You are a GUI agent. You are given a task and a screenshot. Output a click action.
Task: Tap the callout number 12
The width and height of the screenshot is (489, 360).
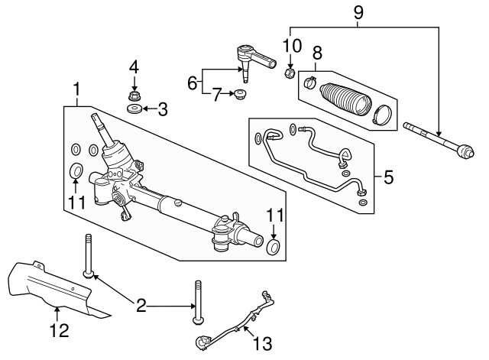coord(59,331)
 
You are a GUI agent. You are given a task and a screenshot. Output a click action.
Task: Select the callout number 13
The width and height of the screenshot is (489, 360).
coord(262,344)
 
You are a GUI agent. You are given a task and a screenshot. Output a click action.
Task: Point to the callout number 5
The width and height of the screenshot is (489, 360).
coord(388,178)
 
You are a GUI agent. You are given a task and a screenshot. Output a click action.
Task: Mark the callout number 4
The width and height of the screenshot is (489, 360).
coord(134,66)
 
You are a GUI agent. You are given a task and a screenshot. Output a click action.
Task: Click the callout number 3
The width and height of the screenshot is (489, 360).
coord(163,110)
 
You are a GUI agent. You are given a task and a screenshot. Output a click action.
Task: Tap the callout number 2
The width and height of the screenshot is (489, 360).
coord(140,307)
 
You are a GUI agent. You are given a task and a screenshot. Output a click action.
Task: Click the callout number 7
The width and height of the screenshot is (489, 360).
coord(217,96)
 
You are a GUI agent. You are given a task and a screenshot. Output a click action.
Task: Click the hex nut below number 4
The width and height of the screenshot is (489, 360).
coord(134,96)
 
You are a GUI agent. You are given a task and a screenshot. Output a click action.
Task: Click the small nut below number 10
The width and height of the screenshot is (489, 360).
coord(290,73)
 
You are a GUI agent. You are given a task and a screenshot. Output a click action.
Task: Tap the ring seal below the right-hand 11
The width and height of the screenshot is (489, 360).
coord(274,247)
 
